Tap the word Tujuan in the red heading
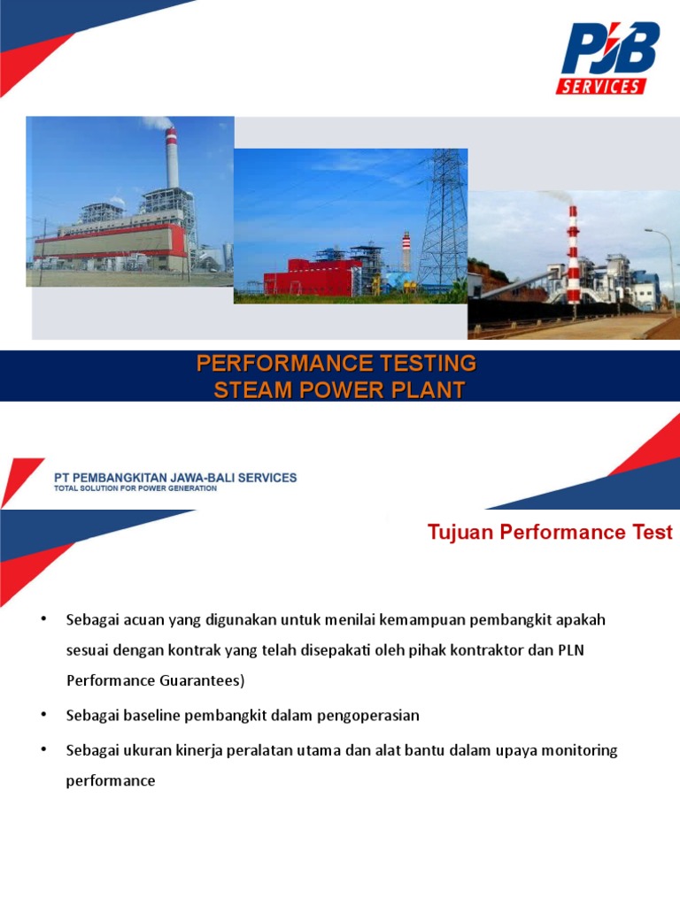[x=460, y=533]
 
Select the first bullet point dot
[x=43, y=618]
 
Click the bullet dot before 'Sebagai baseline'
[x=43, y=714]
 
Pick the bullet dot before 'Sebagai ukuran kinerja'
[x=43, y=749]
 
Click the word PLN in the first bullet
[x=571, y=650]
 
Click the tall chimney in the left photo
[x=171, y=159]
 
